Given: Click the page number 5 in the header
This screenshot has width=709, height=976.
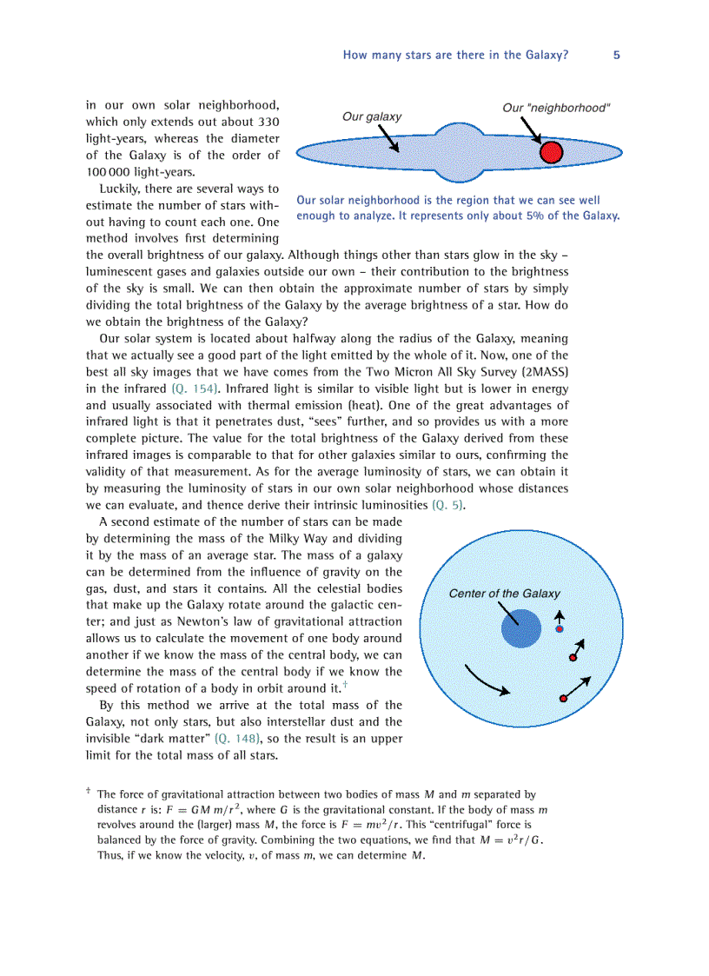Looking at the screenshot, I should pyautogui.click(x=616, y=55).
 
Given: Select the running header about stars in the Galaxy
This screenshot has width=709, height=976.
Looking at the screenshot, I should pyautogui.click(x=455, y=55).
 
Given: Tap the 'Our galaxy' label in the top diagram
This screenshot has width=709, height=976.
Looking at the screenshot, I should pyautogui.click(x=372, y=116).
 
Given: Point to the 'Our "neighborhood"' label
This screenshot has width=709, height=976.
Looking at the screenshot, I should pyautogui.click(x=556, y=108).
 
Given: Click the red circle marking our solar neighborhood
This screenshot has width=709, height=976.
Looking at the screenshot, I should pyautogui.click(x=552, y=153).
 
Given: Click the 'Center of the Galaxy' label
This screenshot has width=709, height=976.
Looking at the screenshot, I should pyautogui.click(x=504, y=594).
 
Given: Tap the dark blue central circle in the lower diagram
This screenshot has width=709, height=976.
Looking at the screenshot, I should pyautogui.click(x=521, y=628).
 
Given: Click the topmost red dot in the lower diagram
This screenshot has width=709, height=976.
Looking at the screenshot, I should pyautogui.click(x=560, y=628).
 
